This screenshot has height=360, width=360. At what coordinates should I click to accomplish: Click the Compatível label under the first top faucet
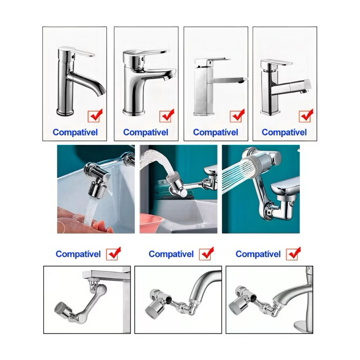point(75,132)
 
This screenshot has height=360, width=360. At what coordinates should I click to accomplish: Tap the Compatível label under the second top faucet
point(145,132)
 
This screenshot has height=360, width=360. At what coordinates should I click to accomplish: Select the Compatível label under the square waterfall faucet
point(216,132)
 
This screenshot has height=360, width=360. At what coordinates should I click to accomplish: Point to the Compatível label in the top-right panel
point(284,132)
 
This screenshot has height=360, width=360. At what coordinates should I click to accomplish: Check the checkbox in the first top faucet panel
point(94,117)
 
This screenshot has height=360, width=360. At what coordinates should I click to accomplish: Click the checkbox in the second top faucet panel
point(166,117)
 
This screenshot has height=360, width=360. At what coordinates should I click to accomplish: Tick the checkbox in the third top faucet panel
point(236,117)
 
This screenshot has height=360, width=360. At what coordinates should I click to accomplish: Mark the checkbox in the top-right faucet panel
point(305,117)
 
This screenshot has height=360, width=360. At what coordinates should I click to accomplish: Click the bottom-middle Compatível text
point(171,254)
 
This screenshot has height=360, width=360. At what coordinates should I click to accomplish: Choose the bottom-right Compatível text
point(258,254)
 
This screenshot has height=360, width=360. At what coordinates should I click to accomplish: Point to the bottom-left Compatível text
point(78,254)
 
